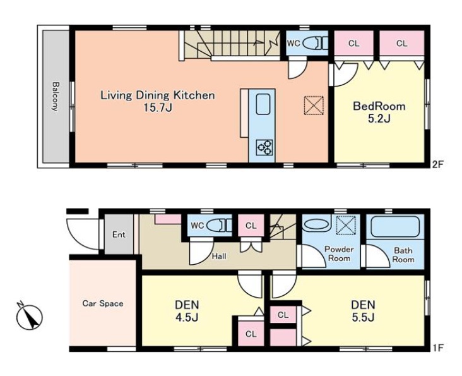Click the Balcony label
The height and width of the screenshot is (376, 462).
click(x=55, y=97)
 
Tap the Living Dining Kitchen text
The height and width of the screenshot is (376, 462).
click(x=158, y=95)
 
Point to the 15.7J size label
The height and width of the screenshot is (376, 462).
click(x=158, y=108)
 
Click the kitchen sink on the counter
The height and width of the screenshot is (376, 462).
click(x=263, y=104)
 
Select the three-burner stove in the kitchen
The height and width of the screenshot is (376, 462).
click(x=264, y=147)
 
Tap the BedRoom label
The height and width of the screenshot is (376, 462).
click(x=379, y=106)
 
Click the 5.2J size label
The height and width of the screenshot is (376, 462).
click(x=379, y=119)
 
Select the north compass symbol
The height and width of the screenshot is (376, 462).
click(x=30, y=317)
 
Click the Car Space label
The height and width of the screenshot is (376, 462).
click(x=103, y=303)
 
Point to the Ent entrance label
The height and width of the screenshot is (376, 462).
click(x=119, y=234)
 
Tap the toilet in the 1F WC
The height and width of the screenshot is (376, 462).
click(x=219, y=226)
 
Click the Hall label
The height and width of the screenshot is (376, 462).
click(x=219, y=257)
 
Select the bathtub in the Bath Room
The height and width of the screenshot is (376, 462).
click(x=395, y=227)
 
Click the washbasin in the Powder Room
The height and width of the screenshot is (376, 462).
click(x=316, y=226)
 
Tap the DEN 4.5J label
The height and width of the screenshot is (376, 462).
click(x=187, y=311)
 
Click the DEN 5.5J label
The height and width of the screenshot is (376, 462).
click(x=363, y=311)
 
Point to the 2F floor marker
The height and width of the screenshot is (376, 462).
click(x=437, y=164)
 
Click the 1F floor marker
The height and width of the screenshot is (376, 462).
click(x=438, y=348)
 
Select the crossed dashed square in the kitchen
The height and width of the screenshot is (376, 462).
click(x=314, y=106)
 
